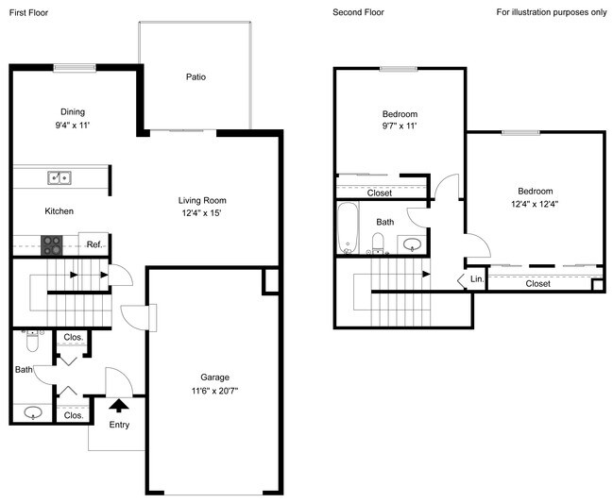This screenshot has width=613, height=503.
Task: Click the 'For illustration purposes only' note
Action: [x=552, y=12]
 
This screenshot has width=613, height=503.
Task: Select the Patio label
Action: [x=196, y=77]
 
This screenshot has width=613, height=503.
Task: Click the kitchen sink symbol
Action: [x=60, y=176]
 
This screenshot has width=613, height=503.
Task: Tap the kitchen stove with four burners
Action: [x=52, y=244]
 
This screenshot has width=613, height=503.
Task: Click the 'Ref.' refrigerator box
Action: [x=94, y=244]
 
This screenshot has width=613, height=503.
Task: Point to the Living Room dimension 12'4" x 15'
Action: [x=202, y=213]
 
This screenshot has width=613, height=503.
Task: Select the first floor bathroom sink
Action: [x=34, y=412]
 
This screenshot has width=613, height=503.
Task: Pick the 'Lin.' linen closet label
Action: [x=477, y=280]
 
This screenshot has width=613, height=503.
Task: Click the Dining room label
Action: [x=73, y=110]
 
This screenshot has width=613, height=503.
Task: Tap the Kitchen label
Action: [x=59, y=211]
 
